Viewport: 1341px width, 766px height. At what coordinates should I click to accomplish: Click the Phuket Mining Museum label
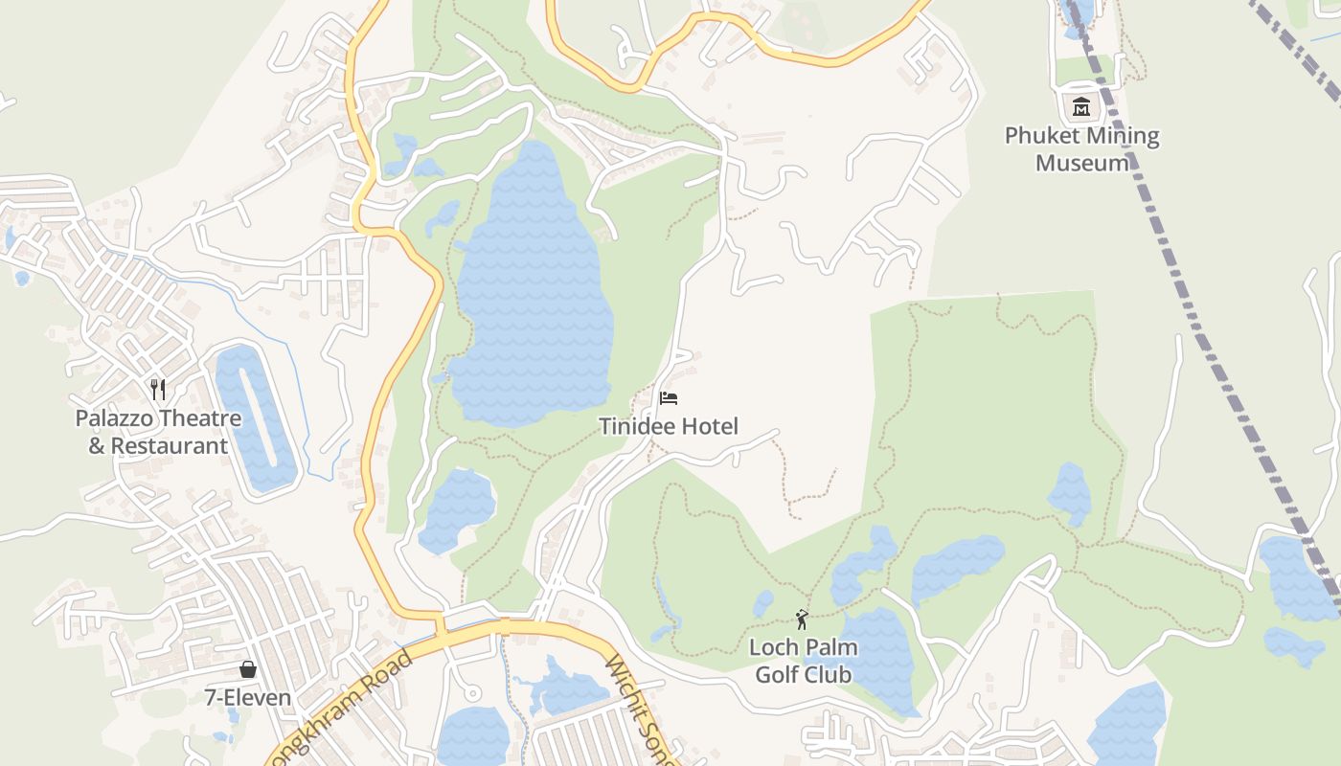1081,149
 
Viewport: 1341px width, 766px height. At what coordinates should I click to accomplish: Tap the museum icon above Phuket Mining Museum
1081,106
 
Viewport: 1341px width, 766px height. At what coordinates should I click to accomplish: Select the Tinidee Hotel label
669,426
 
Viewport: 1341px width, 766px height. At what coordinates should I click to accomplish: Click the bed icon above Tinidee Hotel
669,397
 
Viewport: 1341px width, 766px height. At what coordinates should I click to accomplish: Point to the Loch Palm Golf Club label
803,662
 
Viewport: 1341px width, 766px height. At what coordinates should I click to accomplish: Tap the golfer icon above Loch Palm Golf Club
802,620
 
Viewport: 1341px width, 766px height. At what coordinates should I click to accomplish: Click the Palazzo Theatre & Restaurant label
158,432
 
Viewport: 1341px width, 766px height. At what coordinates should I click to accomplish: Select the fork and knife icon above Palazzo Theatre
158,389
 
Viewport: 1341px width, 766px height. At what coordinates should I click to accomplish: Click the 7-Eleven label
248,697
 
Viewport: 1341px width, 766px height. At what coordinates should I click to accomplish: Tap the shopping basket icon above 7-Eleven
248,668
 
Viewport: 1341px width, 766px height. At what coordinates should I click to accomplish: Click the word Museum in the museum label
1081,163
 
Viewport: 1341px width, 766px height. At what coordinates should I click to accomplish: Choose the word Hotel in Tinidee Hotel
709,426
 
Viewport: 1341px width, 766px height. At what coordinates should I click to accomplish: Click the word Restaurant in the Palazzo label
170,446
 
